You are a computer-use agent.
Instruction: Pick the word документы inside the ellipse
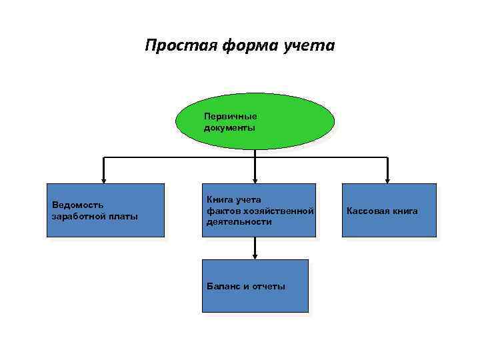[229, 127]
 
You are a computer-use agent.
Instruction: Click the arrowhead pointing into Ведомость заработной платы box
[103, 179]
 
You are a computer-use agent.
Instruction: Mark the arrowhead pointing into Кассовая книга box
[388, 179]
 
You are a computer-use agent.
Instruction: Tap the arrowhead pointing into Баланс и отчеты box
[255, 255]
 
